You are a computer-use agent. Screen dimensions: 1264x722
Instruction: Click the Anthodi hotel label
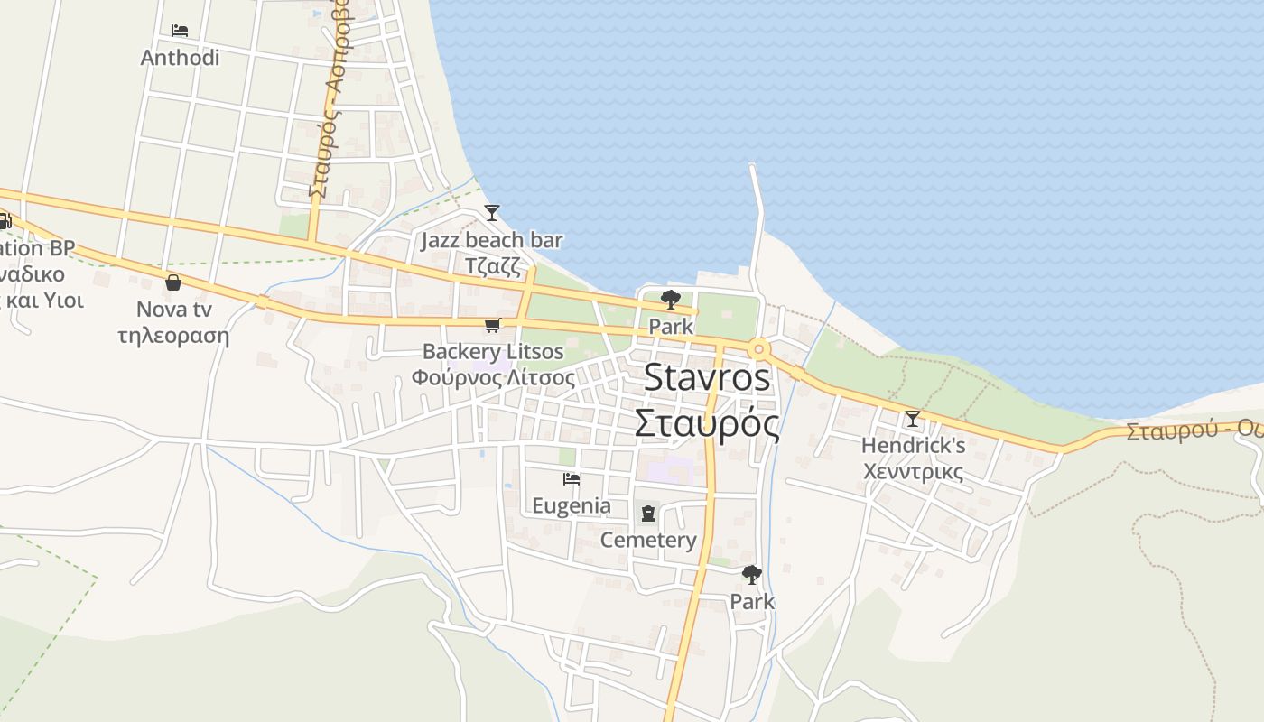tap(180, 58)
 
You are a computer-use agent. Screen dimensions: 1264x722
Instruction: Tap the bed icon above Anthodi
tap(180, 31)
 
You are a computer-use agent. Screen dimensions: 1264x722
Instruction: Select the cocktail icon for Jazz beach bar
tap(492, 213)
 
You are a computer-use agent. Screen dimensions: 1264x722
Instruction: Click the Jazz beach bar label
tap(492, 241)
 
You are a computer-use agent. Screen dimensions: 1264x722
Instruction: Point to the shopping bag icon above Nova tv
tap(173, 282)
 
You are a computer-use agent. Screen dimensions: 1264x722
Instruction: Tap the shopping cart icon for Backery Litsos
tap(492, 325)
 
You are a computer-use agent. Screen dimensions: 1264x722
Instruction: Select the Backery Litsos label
tap(493, 352)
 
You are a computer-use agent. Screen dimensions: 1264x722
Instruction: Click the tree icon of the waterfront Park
tap(670, 300)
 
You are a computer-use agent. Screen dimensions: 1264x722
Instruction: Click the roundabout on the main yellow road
tap(758, 348)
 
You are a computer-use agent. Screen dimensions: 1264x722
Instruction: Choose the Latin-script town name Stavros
tap(707, 377)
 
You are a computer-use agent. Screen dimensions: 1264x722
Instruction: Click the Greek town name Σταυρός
tap(707, 422)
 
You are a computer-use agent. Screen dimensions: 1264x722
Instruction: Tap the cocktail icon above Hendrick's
tap(913, 418)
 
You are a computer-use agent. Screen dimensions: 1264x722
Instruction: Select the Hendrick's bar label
tap(913, 445)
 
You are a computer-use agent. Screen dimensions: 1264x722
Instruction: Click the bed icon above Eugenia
tap(571, 479)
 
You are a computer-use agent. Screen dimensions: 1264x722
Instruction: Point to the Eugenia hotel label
tap(571, 505)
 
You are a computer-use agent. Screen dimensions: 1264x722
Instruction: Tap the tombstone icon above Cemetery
tap(648, 514)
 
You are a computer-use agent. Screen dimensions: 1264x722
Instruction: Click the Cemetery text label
tap(648, 540)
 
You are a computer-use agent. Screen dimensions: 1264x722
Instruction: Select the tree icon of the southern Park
tap(751, 574)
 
